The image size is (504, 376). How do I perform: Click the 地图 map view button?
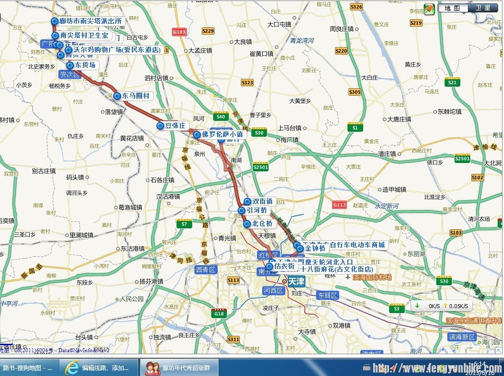click(452, 8)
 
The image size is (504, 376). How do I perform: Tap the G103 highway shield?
click(179, 32)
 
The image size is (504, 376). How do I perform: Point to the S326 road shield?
click(356, 7)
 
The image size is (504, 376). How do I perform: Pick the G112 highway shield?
click(339, 205)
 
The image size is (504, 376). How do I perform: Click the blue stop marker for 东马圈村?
click(117, 96)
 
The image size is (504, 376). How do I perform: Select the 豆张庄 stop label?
click(175, 126)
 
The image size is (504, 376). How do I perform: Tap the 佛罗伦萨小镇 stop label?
click(222, 134)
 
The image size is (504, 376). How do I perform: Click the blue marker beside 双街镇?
click(247, 202)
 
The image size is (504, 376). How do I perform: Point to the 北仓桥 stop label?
click(262, 224)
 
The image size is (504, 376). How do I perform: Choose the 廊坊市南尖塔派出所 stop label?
click(90, 21)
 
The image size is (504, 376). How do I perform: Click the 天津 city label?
click(296, 281)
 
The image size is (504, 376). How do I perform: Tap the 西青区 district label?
click(206, 269)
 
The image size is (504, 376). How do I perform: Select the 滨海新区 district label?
click(462, 337)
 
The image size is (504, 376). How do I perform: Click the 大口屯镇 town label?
click(279, 24)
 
